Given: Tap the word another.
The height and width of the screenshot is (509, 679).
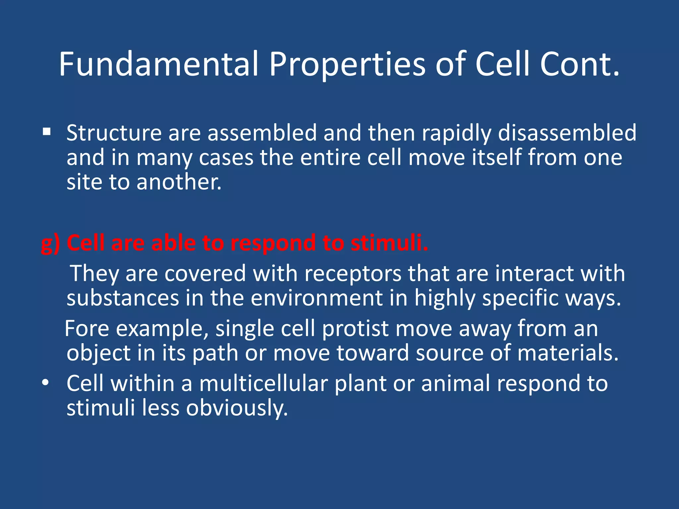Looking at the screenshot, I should (179, 182).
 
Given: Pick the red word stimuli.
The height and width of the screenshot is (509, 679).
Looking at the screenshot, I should (389, 243).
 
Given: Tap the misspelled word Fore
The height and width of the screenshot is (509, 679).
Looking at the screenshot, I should (87, 328).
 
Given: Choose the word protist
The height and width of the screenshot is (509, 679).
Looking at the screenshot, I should (355, 329).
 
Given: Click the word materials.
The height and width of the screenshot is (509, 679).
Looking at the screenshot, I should (568, 353).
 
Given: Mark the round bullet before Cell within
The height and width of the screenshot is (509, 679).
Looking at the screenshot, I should (46, 383).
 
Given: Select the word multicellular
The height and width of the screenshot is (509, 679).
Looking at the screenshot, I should (263, 383).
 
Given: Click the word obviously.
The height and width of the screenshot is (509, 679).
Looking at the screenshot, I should (237, 408).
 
